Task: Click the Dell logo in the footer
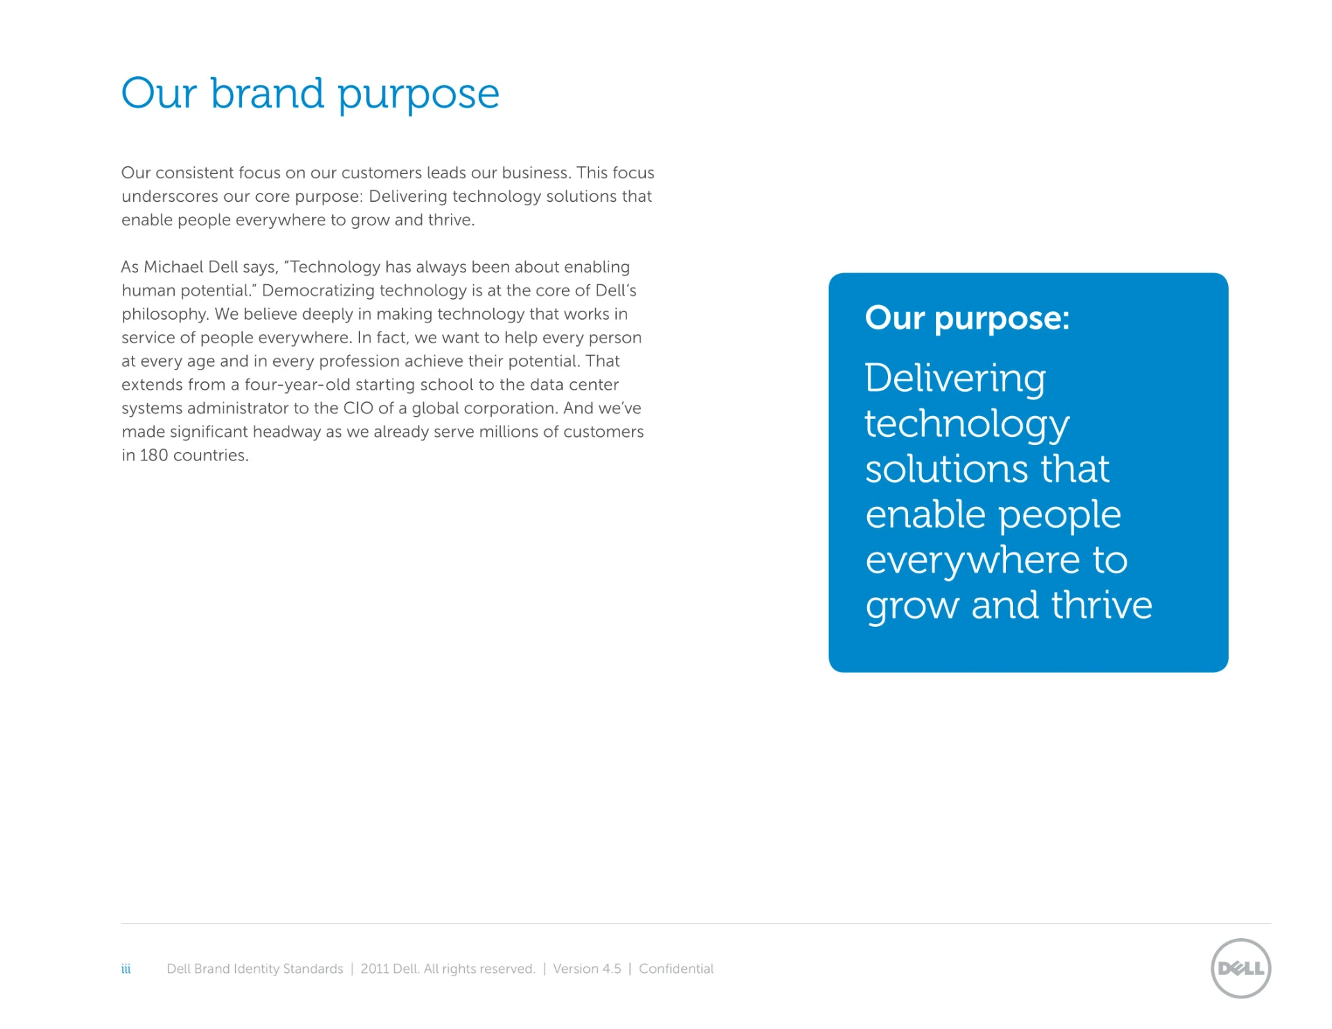click(x=1240, y=968)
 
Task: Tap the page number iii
click(x=126, y=969)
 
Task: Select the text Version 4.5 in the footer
click(x=587, y=969)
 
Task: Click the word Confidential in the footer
click(x=676, y=969)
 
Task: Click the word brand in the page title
click(x=267, y=93)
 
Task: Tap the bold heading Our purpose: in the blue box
click(x=967, y=319)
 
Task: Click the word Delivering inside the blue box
click(x=955, y=379)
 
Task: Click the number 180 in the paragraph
click(x=153, y=455)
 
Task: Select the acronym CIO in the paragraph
click(x=358, y=408)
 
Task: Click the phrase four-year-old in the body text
click(x=297, y=385)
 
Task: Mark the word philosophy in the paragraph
click(x=165, y=314)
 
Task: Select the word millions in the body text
click(x=508, y=431)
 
